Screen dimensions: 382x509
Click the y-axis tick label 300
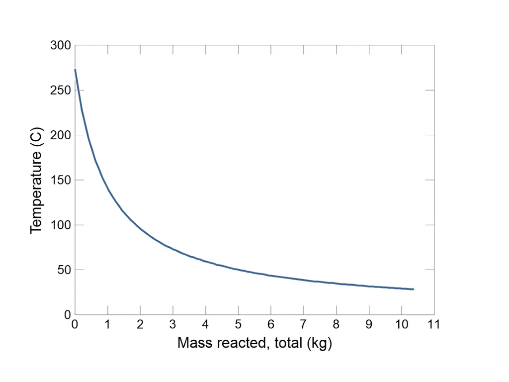click(60, 46)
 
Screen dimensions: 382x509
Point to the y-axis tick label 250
click(60, 91)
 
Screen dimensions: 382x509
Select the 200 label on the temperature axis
click(60, 135)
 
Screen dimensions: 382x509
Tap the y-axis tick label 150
click(60, 180)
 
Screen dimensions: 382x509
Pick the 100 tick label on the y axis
click(60, 225)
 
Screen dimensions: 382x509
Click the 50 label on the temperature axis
click(63, 270)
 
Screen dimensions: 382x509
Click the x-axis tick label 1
click(107, 325)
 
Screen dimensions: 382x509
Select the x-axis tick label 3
click(173, 325)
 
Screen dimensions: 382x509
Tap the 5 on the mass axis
click(238, 325)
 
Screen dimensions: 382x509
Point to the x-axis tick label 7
click(303, 325)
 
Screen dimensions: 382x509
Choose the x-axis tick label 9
click(369, 325)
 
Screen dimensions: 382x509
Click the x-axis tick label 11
click(434, 325)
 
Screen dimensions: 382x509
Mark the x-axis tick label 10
click(401, 325)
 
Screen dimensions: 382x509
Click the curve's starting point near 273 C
click(75, 70)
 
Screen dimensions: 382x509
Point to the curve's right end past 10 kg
click(413, 289)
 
